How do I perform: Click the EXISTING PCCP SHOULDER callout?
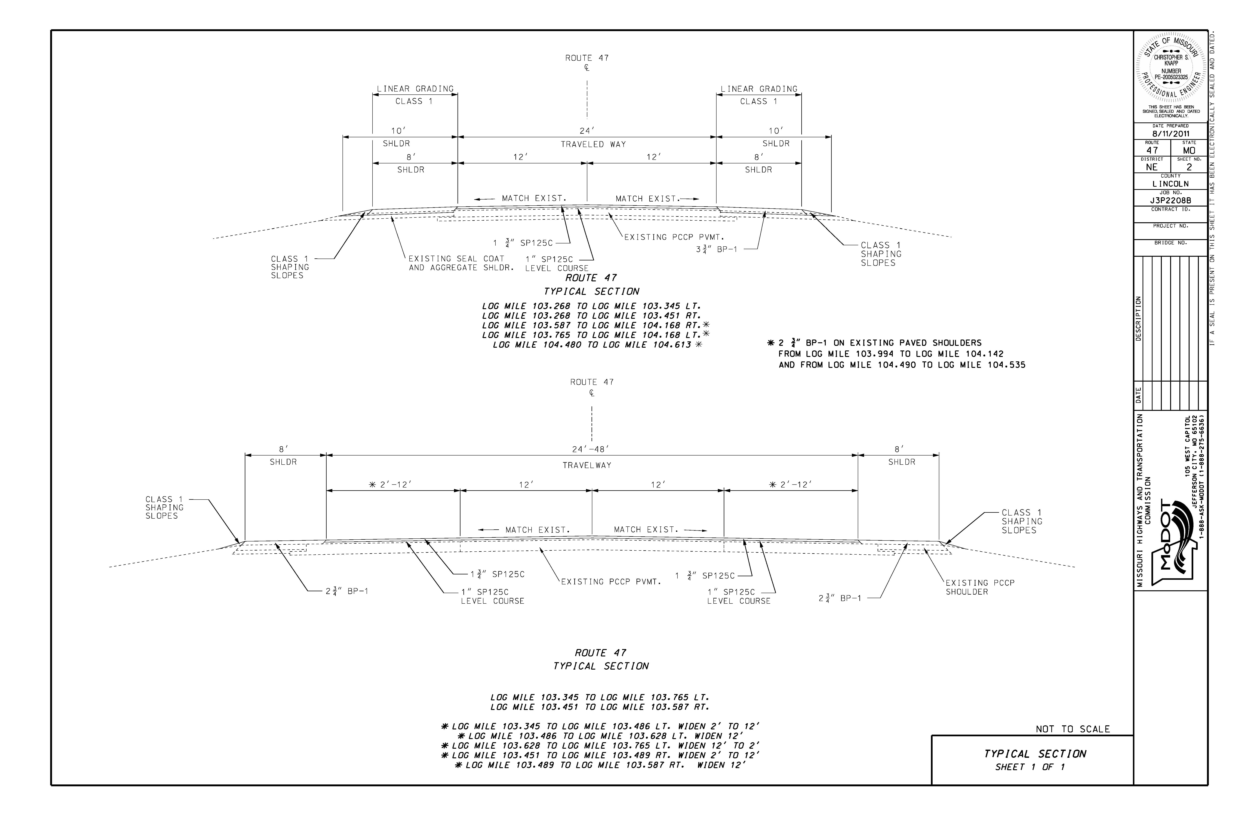[x=980, y=587]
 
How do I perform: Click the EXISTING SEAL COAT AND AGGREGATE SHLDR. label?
[x=461, y=263]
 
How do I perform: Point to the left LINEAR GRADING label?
[x=415, y=89]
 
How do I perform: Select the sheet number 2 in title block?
[x=1189, y=167]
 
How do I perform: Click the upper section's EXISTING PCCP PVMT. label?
[x=674, y=237]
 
